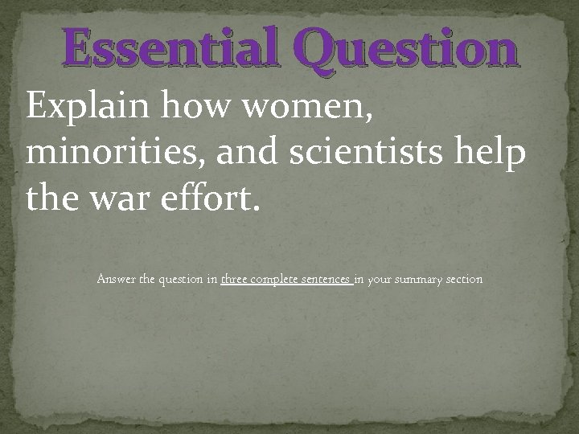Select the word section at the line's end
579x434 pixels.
465,280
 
